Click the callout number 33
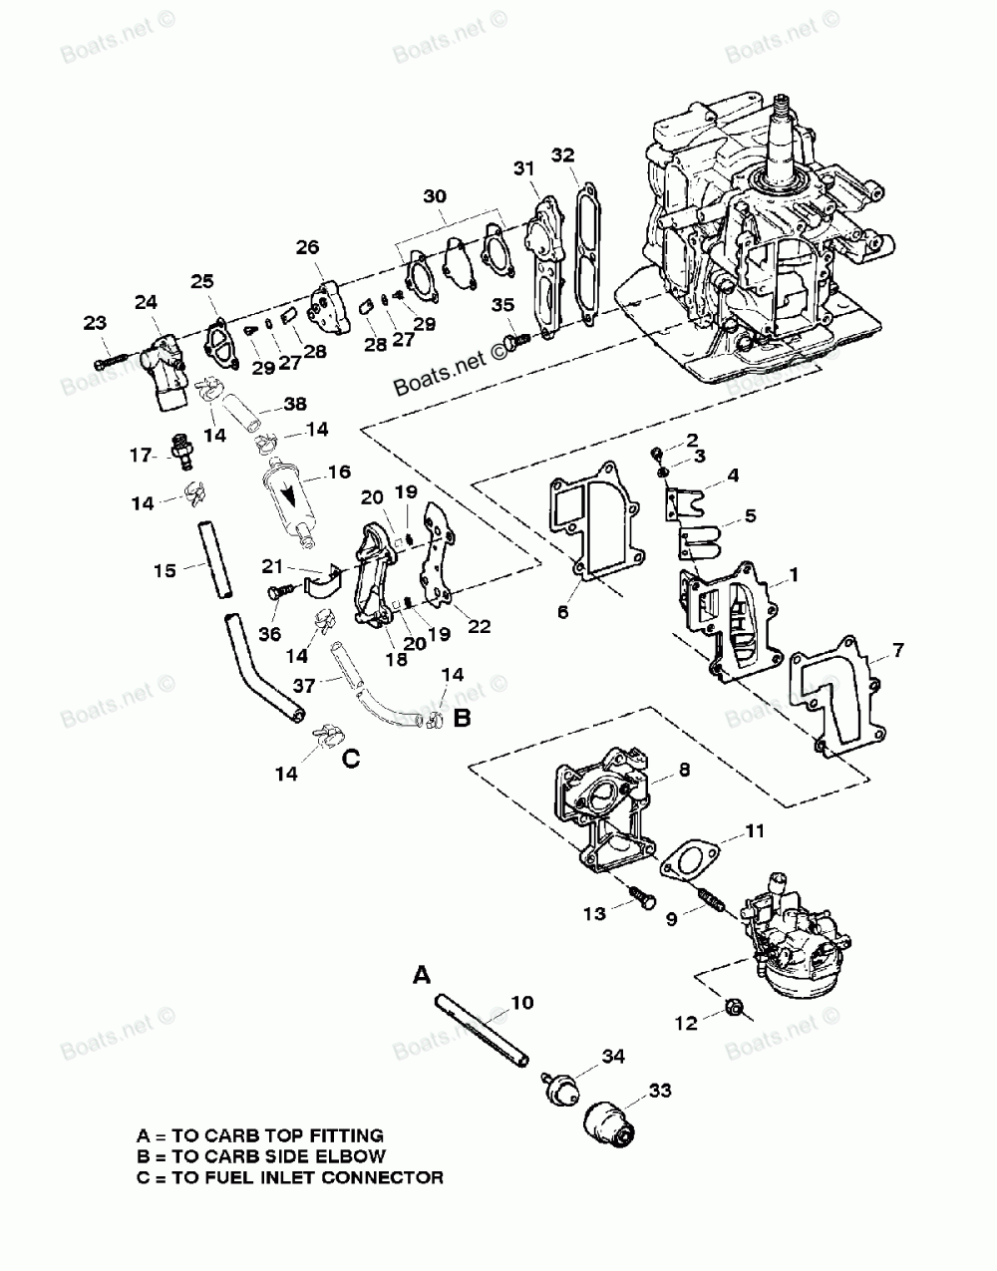tap(659, 1092)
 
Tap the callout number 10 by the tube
tap(521, 1002)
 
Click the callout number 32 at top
tap(563, 156)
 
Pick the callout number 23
tap(94, 322)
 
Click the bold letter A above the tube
tap(423, 974)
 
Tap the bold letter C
tap(350, 759)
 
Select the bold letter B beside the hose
tap(462, 716)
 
